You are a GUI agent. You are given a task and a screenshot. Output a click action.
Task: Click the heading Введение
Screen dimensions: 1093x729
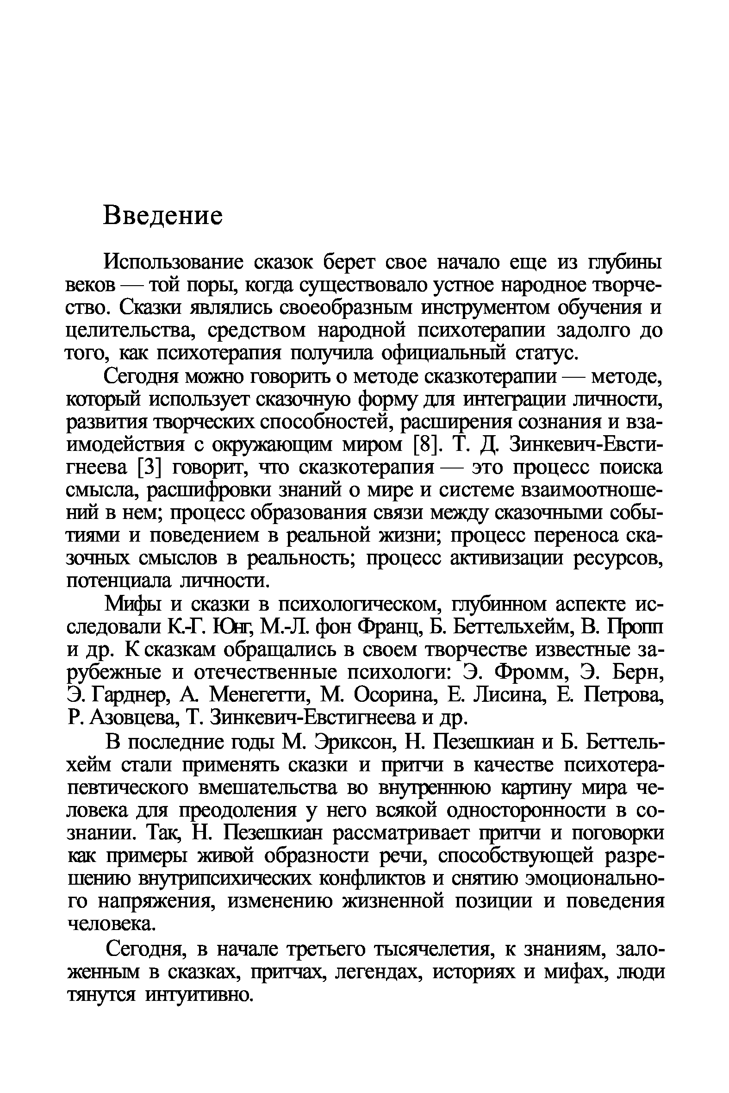click(x=163, y=216)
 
